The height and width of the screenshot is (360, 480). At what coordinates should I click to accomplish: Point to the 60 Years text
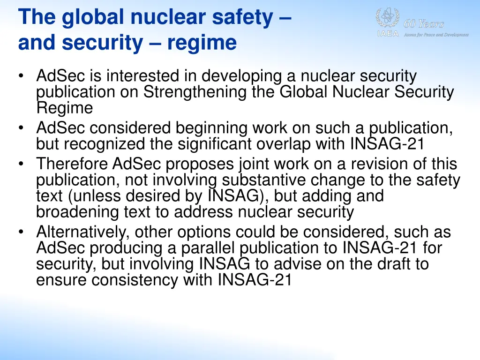pos(424,24)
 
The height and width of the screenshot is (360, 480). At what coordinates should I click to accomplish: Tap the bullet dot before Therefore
pos(23,165)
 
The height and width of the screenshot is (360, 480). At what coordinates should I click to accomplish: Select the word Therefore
pos(73,164)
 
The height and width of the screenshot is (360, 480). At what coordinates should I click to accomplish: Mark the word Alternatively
pos(82,232)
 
